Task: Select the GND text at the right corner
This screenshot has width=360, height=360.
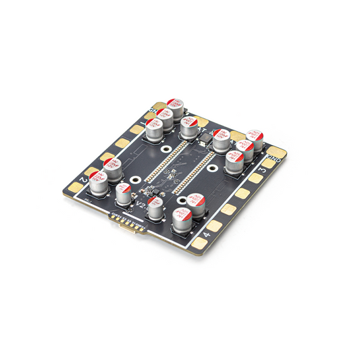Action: click(x=274, y=160)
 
